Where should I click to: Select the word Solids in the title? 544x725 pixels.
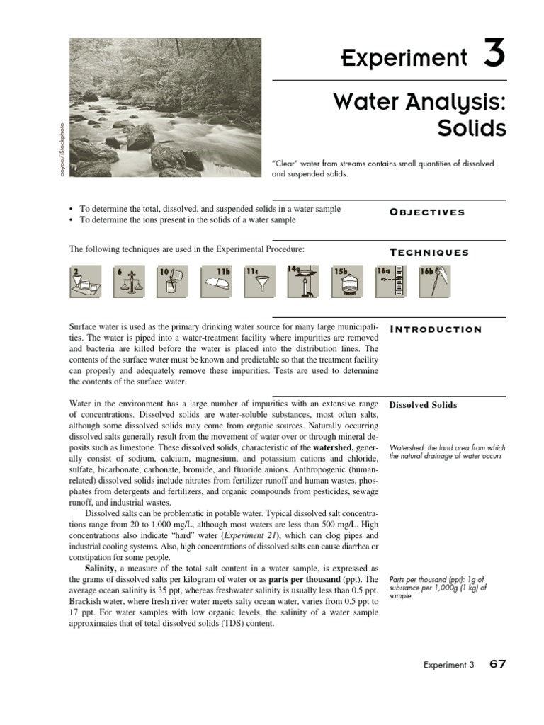coord(470,130)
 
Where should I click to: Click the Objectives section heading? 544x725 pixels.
coord(427,212)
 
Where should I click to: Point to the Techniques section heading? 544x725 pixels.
coord(429,253)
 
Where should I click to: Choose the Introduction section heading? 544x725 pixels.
coord(436,329)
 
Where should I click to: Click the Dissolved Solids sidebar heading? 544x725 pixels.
coord(423,405)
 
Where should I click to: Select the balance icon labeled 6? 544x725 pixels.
coord(128,282)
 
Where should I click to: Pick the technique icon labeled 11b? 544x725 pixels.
coord(215,282)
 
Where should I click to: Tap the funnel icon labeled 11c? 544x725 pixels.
coord(259,282)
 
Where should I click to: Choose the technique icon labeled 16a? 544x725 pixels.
coord(390,282)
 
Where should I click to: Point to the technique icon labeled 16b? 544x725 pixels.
coord(433,282)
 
